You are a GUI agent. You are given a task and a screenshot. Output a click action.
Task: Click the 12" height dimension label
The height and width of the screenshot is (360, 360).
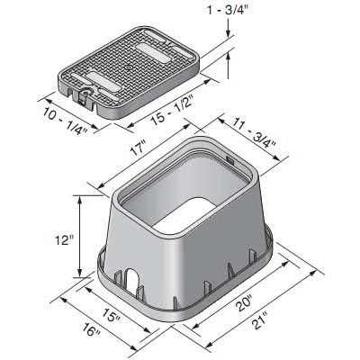point(61,240)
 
